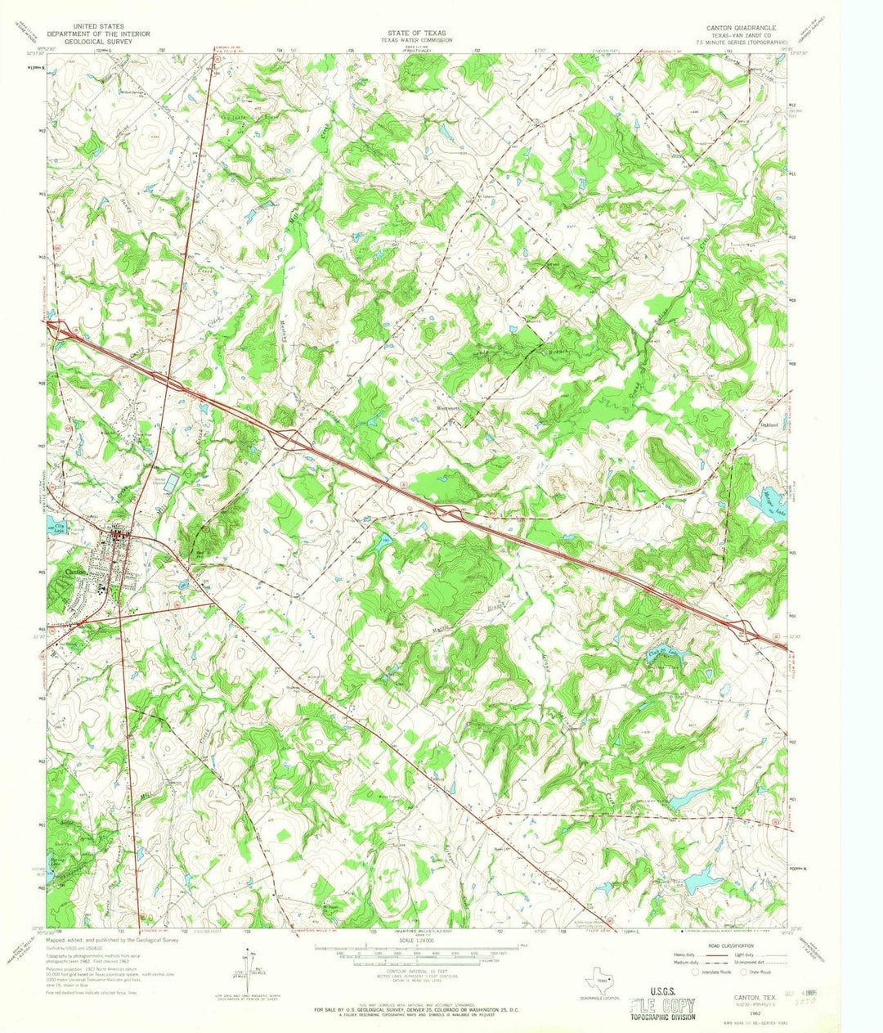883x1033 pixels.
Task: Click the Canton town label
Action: coord(74,572)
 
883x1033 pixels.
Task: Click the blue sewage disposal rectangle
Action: coord(169,482)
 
